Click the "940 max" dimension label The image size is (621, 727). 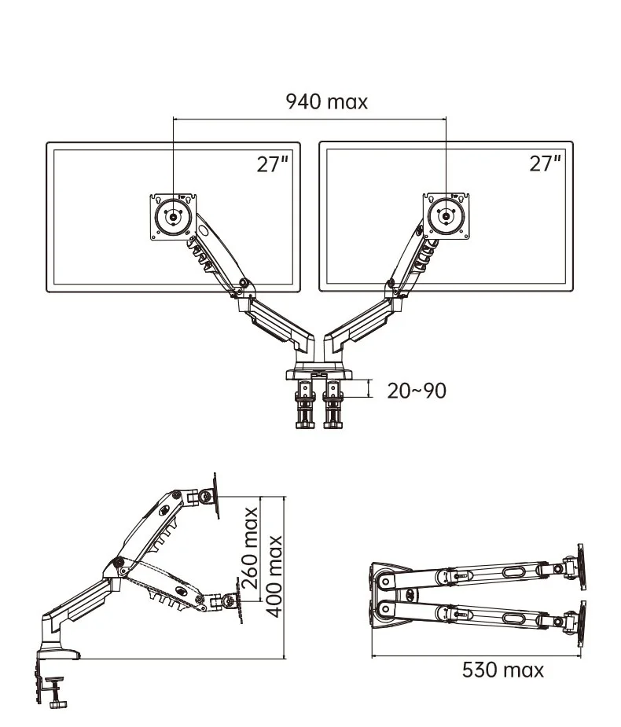pos(326,101)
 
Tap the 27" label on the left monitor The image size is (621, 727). pos(273,164)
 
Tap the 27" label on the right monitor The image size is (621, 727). pos(545,163)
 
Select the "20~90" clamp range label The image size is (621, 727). pos(416,390)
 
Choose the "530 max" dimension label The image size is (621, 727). pos(502,670)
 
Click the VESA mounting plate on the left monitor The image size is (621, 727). pos(172,216)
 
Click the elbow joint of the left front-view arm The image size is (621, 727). pos(244,284)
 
